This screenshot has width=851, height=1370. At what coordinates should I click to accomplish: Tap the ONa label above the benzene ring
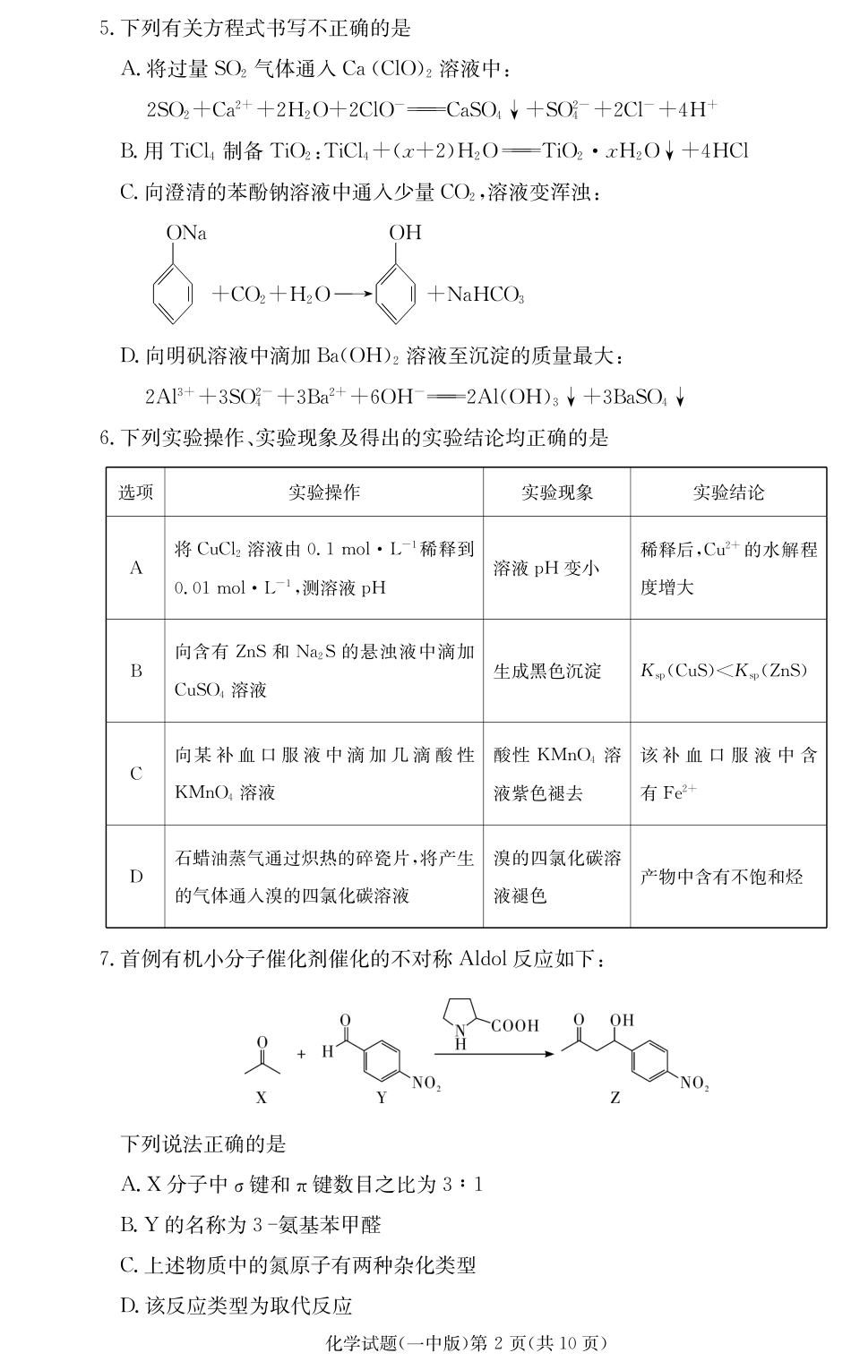pos(186,234)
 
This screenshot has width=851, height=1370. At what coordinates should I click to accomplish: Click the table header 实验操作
pos(323,492)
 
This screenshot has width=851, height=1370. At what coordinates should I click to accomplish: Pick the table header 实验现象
pos(556,492)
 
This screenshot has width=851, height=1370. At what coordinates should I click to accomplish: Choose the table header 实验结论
pos(727,492)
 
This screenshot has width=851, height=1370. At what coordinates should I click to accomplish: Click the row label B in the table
pos(136,671)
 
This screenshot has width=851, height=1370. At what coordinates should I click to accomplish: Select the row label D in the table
pos(136,876)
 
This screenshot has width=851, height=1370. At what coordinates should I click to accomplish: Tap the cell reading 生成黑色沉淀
pos(547,671)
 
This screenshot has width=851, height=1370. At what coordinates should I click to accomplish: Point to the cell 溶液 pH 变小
pos(546,568)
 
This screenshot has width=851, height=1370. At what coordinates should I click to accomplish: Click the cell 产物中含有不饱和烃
pos(721,877)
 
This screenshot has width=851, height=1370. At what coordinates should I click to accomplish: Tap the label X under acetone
pos(262,1097)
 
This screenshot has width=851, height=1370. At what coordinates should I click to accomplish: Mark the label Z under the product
pos(615,1098)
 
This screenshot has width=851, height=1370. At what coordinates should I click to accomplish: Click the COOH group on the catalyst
pos(515,1026)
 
